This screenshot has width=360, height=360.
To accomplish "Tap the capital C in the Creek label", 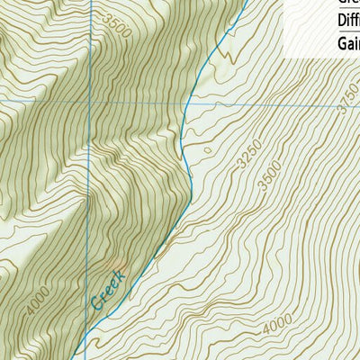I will (x=97, y=303).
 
